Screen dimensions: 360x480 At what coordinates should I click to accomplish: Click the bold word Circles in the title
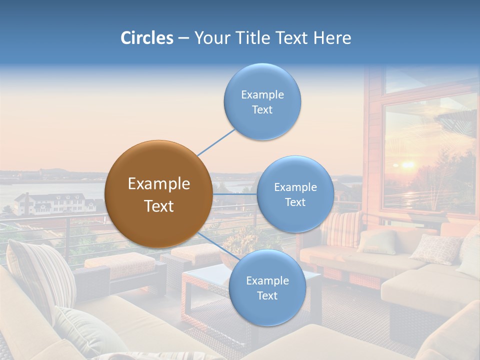tap(146, 38)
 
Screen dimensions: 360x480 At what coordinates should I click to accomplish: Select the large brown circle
tap(158, 194)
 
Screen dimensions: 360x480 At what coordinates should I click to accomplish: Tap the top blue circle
tap(262, 102)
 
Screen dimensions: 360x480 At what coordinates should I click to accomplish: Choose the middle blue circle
tap(295, 194)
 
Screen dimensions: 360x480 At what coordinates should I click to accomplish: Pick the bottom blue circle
tap(267, 288)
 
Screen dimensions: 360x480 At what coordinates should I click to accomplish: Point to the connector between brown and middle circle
tap(235, 194)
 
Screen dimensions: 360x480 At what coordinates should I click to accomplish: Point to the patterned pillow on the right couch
tap(436, 248)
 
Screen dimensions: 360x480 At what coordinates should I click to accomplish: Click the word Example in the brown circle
tap(158, 184)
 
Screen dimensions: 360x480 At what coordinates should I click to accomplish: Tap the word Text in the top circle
tap(262, 110)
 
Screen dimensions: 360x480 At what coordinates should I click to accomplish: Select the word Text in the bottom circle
tap(267, 296)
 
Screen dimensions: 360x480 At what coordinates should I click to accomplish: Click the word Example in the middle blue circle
tap(295, 187)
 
